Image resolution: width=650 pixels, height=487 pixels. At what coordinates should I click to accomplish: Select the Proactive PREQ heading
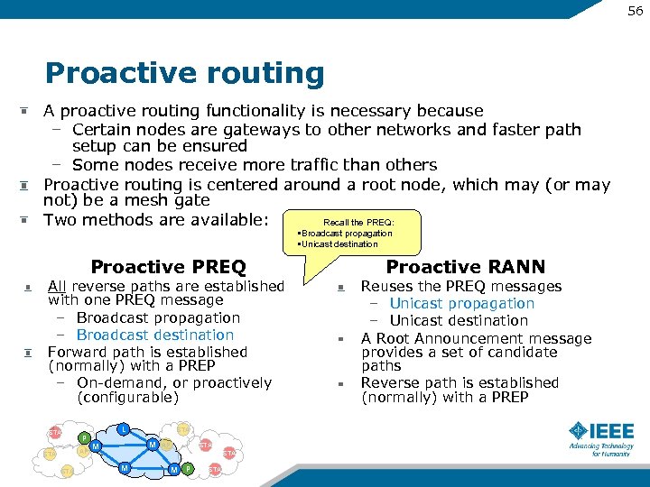(x=168, y=267)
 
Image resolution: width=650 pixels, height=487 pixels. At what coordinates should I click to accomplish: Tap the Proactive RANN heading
(x=465, y=267)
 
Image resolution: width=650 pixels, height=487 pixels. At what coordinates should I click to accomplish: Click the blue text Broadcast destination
(x=154, y=335)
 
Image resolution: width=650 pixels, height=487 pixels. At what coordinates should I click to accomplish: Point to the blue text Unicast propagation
(x=461, y=303)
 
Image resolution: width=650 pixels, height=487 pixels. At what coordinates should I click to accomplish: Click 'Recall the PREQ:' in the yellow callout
(x=358, y=222)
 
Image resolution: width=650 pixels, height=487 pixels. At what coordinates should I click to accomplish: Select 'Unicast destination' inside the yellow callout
(x=341, y=243)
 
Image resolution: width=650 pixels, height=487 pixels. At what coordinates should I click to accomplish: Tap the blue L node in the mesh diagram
(x=124, y=428)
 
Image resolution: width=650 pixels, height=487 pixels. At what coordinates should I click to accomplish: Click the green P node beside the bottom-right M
(x=187, y=469)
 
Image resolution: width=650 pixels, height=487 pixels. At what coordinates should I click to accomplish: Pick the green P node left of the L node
(x=84, y=439)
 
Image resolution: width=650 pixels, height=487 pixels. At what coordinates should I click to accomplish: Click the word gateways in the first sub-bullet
(x=262, y=129)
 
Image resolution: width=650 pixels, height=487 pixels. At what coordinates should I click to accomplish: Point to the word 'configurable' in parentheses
(x=127, y=397)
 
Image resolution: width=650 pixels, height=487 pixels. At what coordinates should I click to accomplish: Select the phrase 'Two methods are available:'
(x=156, y=219)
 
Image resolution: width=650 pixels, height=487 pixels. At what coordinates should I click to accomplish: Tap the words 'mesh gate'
(x=172, y=200)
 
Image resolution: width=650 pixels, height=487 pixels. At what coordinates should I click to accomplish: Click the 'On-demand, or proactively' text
(x=173, y=382)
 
